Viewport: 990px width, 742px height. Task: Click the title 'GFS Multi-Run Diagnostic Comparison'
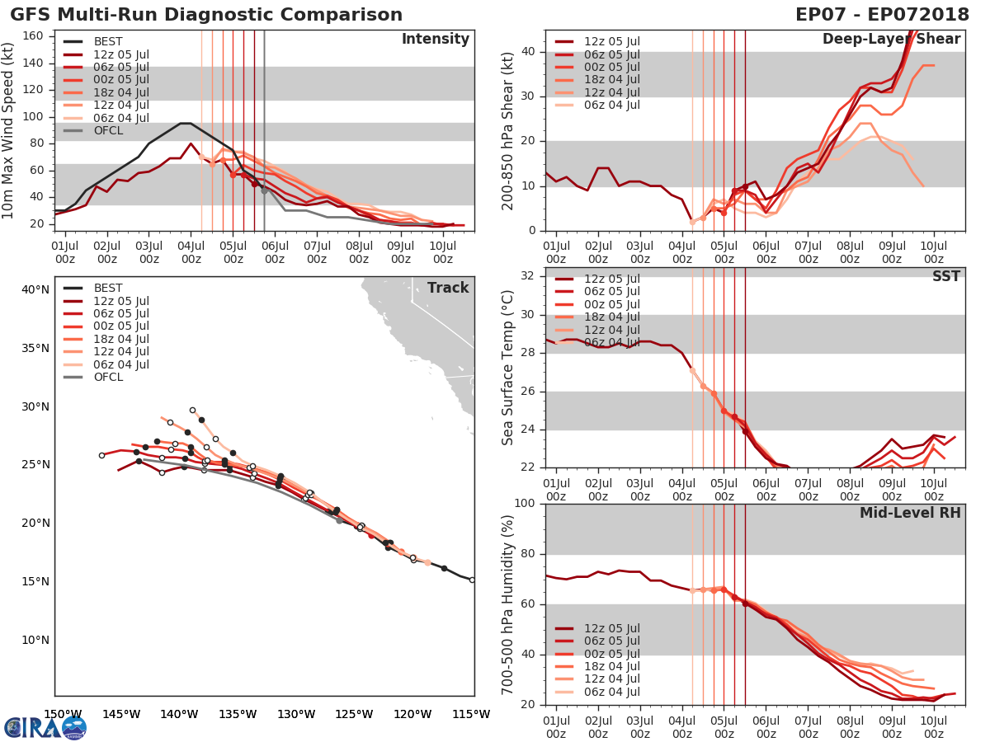[206, 15]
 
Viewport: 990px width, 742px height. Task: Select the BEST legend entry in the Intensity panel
[107, 41]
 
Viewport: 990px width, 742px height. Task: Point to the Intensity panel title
[435, 39]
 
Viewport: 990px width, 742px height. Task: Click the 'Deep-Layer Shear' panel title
[891, 39]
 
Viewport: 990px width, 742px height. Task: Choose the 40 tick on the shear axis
[529, 51]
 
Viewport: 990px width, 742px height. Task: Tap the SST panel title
[946, 276]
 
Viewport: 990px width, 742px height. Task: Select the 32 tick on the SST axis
[529, 276]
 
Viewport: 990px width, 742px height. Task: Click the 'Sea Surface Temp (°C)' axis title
[508, 367]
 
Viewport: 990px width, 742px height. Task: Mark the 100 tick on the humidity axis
[526, 503]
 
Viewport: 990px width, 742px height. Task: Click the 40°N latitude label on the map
[35, 289]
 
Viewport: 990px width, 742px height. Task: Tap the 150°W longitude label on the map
[63, 714]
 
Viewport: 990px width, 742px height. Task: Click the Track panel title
[448, 288]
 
